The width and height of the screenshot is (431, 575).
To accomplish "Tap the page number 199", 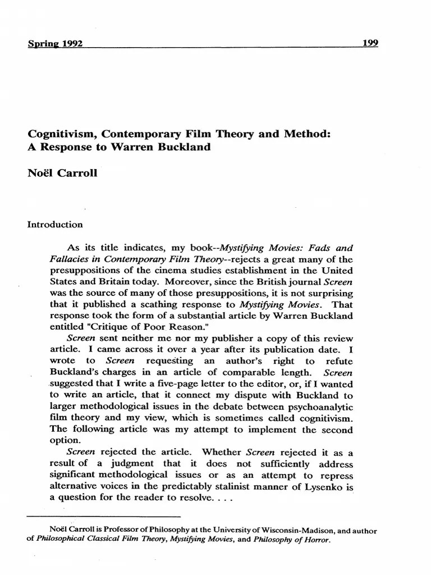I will pyautogui.click(x=370, y=43).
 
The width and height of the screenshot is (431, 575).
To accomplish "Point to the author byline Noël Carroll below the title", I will pyautogui.click(x=62, y=173).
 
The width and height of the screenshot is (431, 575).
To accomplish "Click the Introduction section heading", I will pyautogui.click(x=55, y=225).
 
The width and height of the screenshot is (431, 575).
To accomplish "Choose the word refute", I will pyautogui.click(x=340, y=362).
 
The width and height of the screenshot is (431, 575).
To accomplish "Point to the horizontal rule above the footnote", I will pyautogui.click(x=103, y=515).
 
